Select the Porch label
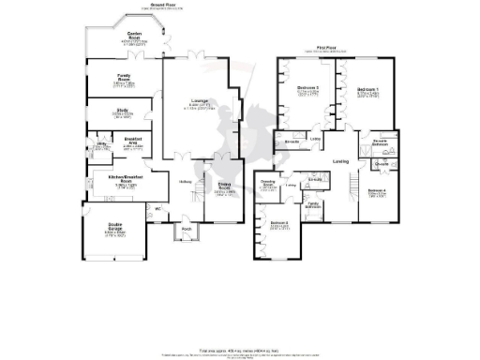(186, 228)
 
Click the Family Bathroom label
(313, 202)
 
